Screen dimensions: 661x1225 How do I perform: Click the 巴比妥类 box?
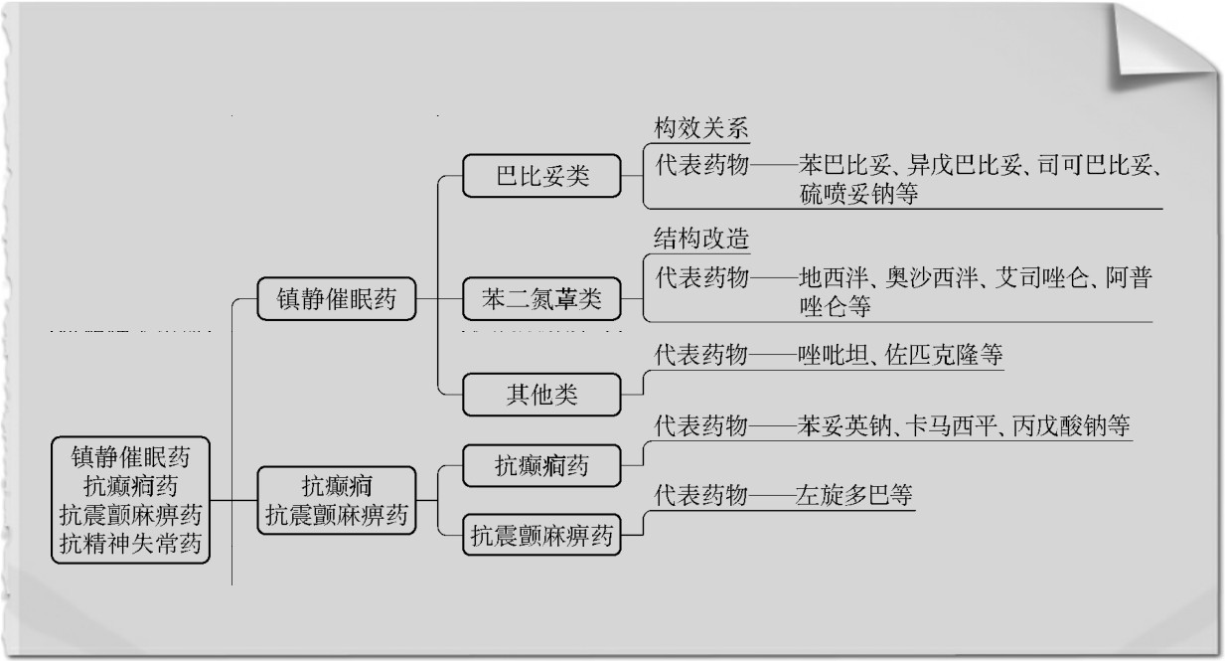coord(542,177)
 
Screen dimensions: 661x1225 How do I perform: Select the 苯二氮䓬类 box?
coord(542,298)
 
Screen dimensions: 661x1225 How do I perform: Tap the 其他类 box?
coord(542,395)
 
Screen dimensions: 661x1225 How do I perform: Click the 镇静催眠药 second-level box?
coord(335,299)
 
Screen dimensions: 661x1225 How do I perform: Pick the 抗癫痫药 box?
coord(542,464)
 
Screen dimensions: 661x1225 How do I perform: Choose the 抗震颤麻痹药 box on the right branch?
coord(542,537)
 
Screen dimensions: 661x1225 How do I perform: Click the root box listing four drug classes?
coord(131,500)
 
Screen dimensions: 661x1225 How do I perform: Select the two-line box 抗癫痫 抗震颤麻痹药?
coord(336,500)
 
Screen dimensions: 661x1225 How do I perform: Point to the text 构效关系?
coord(700,128)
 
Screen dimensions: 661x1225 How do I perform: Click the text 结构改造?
coord(700,240)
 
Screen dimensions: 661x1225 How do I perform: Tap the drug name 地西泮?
coord(831,277)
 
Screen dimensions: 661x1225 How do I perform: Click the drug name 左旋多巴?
coord(843,494)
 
